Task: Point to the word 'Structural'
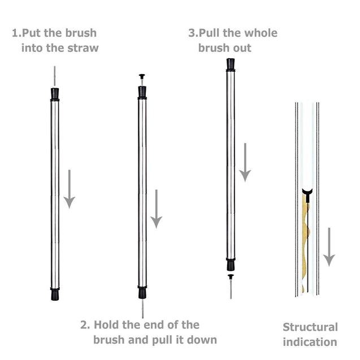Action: (310, 327)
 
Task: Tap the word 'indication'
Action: (310, 342)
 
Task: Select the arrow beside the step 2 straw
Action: (157, 209)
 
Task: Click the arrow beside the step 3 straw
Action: (244, 162)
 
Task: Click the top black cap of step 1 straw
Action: (55, 94)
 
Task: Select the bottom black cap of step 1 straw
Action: (55, 294)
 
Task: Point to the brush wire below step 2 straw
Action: (142, 308)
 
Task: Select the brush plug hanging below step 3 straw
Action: (231, 277)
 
